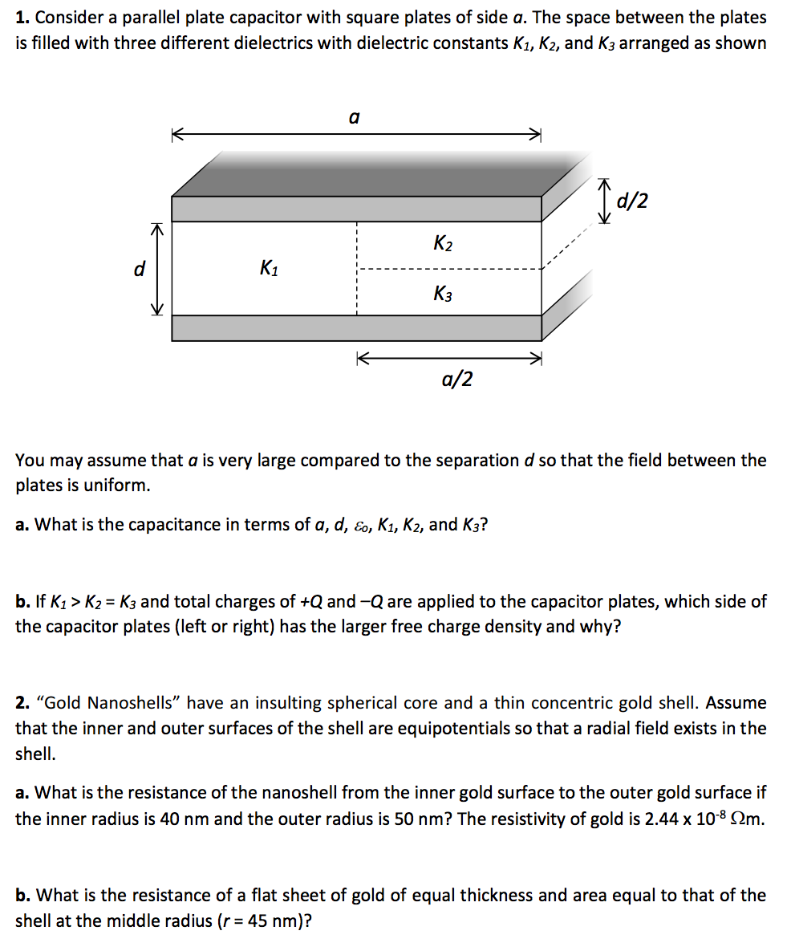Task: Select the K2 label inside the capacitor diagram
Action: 442,242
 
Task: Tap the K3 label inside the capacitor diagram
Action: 442,294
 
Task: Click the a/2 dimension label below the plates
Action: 456,379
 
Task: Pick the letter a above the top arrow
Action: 354,117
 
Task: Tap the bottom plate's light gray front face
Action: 357,327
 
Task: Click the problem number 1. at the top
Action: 22,18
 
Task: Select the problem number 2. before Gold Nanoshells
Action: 22,704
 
